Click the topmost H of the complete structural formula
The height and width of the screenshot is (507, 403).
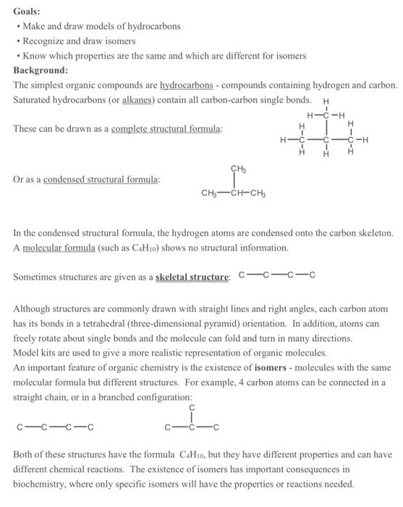point(325,101)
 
